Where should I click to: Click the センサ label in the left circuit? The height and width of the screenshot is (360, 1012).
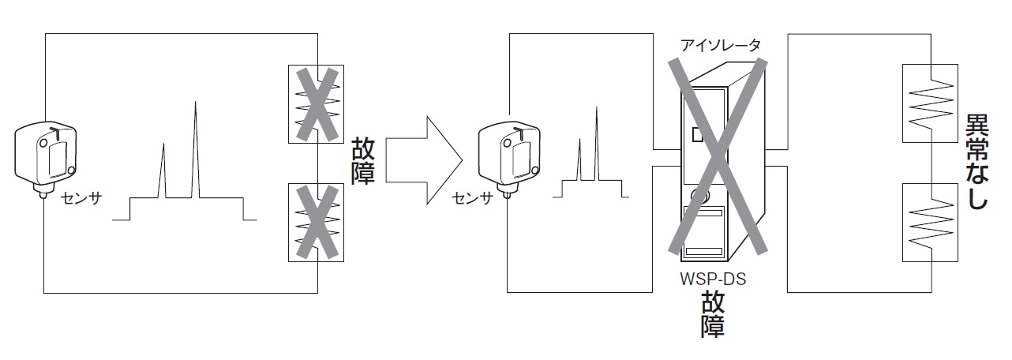(81, 197)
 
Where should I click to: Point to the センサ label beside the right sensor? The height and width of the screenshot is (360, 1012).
(472, 197)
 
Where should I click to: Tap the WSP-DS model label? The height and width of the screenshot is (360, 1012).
(713, 278)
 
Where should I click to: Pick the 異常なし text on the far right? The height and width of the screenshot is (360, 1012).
(976, 163)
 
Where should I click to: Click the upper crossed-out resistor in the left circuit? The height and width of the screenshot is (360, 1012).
(315, 103)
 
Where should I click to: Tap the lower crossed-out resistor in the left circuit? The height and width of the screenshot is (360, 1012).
(315, 222)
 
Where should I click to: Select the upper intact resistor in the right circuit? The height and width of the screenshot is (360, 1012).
(931, 103)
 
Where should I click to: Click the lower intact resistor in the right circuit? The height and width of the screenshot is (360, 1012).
(931, 222)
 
